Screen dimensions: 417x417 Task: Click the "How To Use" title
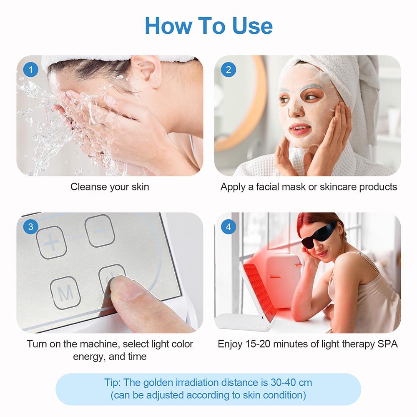pos(208,26)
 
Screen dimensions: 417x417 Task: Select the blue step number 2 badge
pos(228,70)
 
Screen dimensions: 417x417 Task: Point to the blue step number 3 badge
pos(30,227)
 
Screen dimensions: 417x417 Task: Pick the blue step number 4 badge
pos(228,227)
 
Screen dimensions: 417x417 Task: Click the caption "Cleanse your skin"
pos(110,187)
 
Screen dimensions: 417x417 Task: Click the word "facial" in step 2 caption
pos(270,187)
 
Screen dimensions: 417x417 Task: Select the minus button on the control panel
pos(100,231)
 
